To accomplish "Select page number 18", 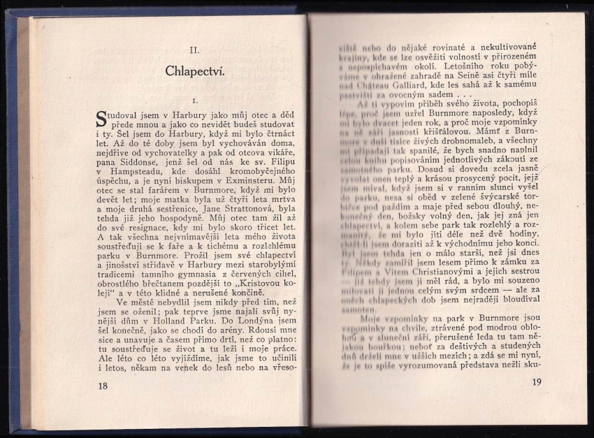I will (103, 386).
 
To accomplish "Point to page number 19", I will (537, 381).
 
